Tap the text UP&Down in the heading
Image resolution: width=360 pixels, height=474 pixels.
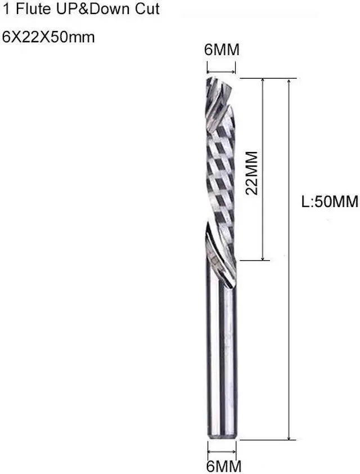pyautogui.click(x=81, y=10)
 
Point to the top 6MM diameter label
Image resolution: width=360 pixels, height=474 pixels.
pyautogui.click(x=222, y=50)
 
